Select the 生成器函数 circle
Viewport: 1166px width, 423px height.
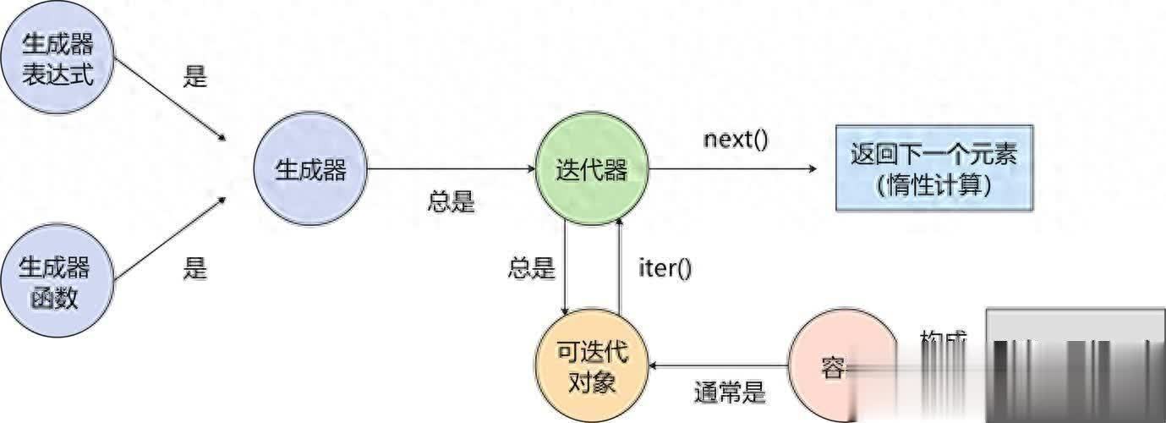57,283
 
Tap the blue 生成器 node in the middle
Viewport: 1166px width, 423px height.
310,169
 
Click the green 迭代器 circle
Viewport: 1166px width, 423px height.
592,169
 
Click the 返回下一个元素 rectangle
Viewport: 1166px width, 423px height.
933,168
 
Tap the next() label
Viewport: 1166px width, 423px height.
736,139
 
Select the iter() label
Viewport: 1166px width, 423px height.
665,269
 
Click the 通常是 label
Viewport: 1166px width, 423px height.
730,393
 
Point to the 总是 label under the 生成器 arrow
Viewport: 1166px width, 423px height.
452,203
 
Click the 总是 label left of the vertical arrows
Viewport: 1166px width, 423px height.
532,269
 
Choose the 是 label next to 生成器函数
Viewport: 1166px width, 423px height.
194,269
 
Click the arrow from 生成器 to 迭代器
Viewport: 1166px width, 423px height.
452,169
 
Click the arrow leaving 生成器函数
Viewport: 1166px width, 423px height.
169,239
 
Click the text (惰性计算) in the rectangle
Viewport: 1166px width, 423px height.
933,185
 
